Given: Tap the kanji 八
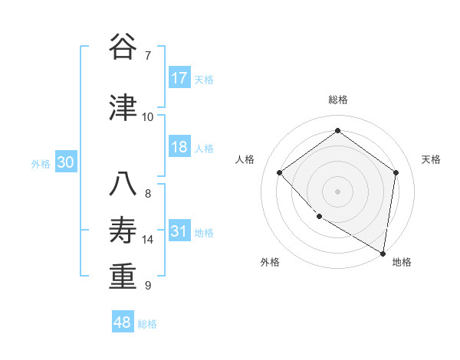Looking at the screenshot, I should [x=123, y=184].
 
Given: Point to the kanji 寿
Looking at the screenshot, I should [x=123, y=230].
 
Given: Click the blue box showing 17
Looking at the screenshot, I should [x=179, y=78].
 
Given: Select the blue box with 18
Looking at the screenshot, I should [x=179, y=147].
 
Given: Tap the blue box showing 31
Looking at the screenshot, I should [x=179, y=231].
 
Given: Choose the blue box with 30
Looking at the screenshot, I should [x=65, y=162].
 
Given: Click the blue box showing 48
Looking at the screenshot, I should [x=123, y=322].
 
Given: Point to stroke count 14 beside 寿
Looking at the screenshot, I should [x=148, y=240].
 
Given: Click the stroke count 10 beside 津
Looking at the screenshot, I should [x=148, y=116].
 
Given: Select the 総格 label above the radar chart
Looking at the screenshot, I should [x=337, y=100].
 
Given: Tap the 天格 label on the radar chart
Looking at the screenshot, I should [x=431, y=159].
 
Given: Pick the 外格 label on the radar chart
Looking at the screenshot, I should [x=270, y=262].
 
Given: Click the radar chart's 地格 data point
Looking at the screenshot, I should [x=383, y=252].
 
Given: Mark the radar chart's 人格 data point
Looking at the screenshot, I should [x=280, y=173].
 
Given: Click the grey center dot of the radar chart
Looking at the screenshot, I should [x=337, y=191].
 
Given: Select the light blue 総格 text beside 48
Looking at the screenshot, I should [x=147, y=324].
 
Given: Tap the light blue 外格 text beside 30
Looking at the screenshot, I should [x=41, y=163].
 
